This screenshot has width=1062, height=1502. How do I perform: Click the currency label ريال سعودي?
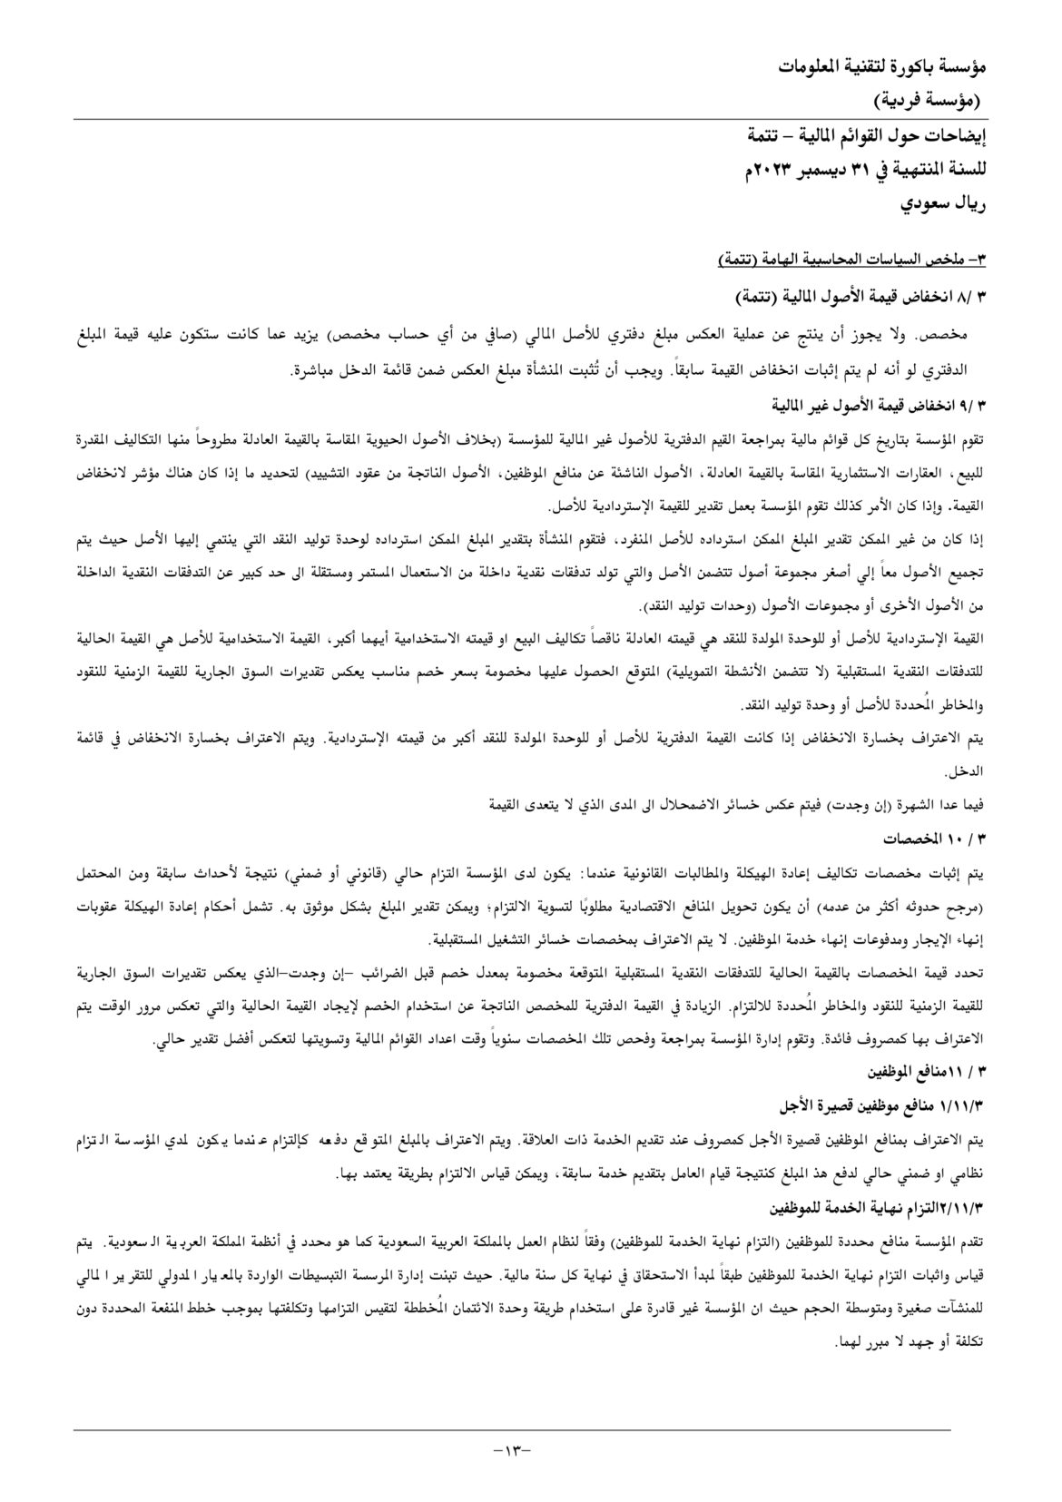point(943,203)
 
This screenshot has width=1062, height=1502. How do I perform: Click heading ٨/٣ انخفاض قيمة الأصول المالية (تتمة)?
point(860,297)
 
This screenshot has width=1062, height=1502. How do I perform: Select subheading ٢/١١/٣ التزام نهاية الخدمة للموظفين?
point(877,1208)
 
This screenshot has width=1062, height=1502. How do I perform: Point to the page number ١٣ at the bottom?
point(511,1448)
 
